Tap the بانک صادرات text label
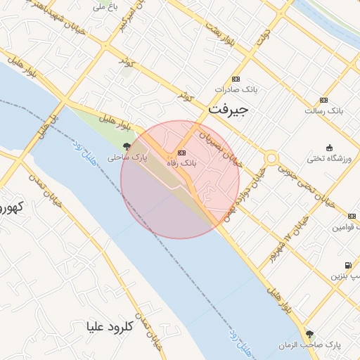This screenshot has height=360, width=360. coord(234,90)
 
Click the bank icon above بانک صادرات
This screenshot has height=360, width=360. coord(235,79)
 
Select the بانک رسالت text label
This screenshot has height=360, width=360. coord(323,111)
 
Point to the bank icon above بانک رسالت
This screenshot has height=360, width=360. coord(323,100)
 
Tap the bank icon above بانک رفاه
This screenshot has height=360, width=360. coord(182,152)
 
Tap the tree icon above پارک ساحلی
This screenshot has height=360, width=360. coord(127,147)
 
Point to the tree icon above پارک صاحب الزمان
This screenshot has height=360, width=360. coord(309,334)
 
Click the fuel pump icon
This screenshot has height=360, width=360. coord(347,265)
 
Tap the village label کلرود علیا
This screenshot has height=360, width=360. coord(110,326)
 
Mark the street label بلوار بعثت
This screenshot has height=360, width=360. coord(219,33)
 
